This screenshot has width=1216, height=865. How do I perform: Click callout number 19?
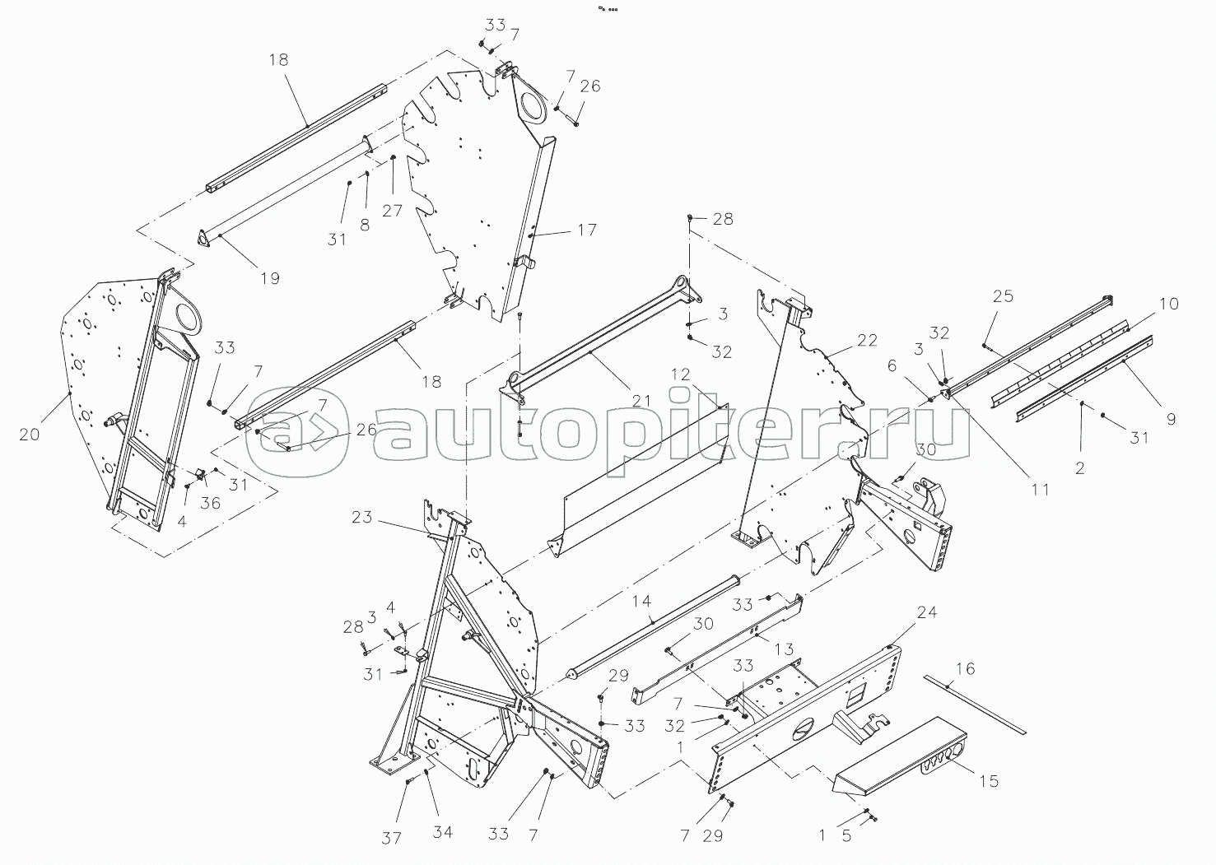270,278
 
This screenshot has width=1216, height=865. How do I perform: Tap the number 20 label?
29,434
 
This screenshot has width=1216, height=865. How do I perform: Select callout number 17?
586,230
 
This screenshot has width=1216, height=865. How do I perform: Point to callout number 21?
641,401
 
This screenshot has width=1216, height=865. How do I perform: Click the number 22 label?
867,341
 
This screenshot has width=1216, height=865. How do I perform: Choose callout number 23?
361,518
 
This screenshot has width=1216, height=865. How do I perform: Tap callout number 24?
927,613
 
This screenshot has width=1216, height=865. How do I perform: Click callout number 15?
989,780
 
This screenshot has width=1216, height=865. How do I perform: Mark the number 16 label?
965,668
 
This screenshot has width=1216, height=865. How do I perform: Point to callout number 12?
680,374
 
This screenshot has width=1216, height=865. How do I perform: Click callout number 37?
391,838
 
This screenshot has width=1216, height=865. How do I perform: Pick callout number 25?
1003,296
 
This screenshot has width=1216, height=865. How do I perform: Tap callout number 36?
211,502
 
